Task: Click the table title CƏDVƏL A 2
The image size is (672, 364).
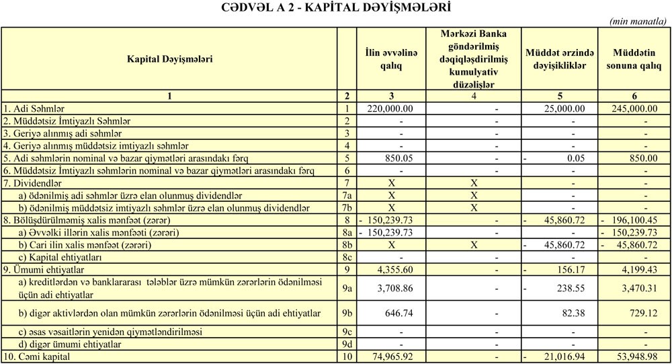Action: (x=336, y=7)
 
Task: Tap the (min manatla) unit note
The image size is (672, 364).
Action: (x=638, y=22)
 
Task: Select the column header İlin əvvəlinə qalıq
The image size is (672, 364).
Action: (x=391, y=59)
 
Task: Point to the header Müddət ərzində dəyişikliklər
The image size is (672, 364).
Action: (x=560, y=59)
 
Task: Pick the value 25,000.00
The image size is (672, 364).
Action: (x=564, y=108)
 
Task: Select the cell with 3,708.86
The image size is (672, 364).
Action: (x=396, y=289)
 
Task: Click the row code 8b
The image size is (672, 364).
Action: (x=347, y=245)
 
